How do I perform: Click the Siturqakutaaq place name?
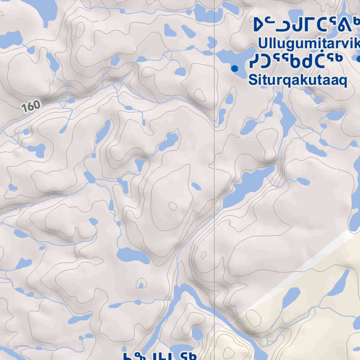(x=297, y=80)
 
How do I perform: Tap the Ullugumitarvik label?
(x=309, y=44)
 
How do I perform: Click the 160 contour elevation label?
(x=31, y=105)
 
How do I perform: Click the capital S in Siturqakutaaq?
(x=252, y=80)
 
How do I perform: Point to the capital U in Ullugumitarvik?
(x=262, y=44)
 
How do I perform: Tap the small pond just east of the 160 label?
(x=71, y=101)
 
